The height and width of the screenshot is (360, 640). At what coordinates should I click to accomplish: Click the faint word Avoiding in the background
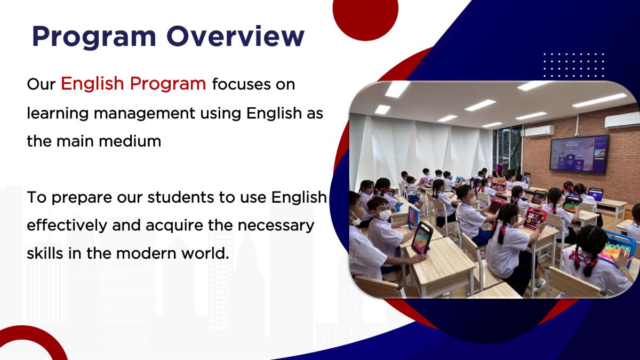100,276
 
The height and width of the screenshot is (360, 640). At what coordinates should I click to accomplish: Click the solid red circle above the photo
365,16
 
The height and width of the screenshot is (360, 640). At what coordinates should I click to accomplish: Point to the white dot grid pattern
573,65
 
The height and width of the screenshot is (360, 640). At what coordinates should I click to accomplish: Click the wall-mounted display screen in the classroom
579,154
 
